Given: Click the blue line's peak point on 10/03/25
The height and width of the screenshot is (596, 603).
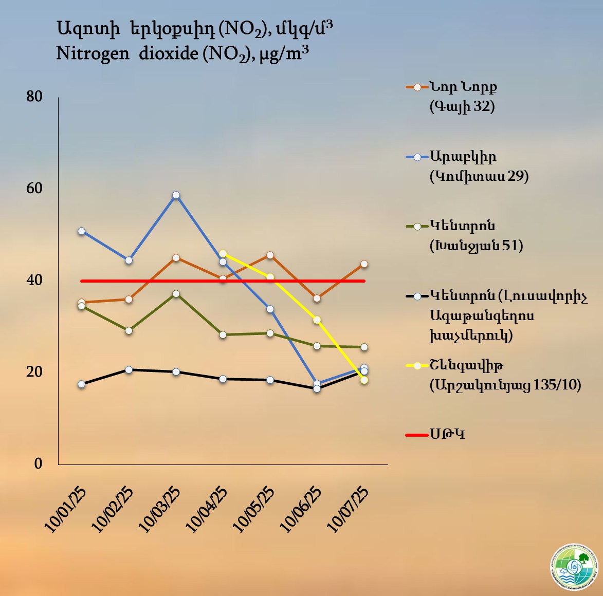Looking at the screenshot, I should (176, 195).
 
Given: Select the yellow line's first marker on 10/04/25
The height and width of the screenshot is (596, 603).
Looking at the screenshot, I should (223, 253).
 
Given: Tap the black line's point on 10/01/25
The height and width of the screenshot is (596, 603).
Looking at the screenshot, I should (81, 384).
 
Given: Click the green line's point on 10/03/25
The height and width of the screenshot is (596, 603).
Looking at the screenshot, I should (176, 294).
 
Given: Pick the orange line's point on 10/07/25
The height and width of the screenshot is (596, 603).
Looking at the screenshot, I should (364, 264).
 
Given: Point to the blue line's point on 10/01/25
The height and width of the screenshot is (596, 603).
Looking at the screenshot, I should (81, 231).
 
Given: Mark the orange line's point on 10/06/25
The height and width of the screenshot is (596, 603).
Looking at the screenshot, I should (317, 298).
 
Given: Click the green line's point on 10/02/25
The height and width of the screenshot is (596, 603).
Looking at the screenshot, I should (129, 330).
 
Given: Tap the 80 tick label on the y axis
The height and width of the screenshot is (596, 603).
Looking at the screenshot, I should (34, 96).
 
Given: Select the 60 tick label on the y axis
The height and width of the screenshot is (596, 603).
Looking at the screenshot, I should (34, 188).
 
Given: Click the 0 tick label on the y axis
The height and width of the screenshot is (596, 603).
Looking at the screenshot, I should (38, 463).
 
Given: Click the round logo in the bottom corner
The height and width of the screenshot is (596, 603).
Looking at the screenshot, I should (574, 567).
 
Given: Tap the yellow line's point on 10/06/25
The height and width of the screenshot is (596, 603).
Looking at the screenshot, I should (317, 320).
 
